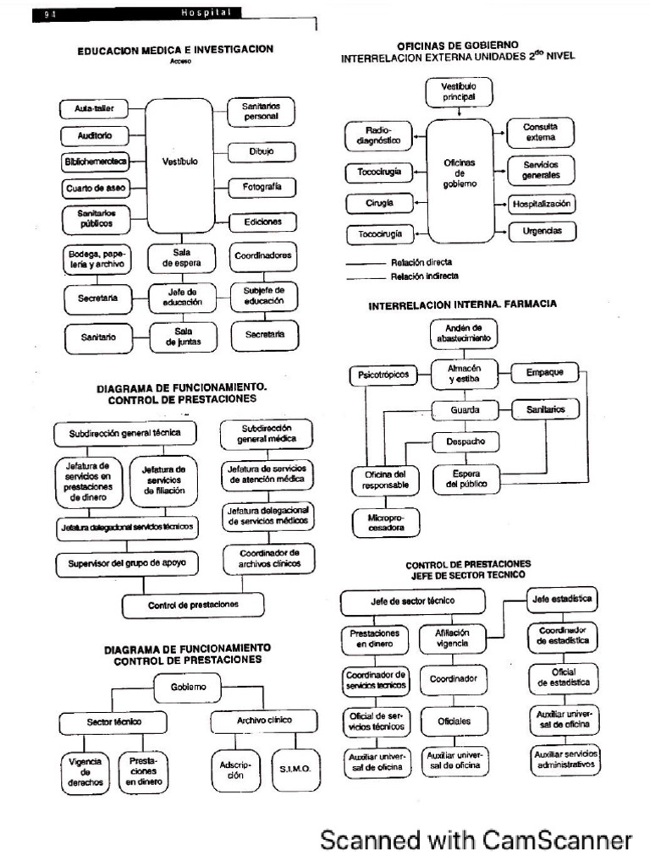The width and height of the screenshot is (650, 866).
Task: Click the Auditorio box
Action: [x=95, y=135]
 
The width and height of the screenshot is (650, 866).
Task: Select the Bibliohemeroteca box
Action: [x=95, y=162]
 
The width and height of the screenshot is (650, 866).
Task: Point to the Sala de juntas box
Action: [x=184, y=337]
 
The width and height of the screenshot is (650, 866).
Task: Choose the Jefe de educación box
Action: [x=184, y=298]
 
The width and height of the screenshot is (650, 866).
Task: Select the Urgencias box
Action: [x=541, y=231]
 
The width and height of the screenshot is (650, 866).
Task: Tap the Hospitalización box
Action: [x=542, y=204]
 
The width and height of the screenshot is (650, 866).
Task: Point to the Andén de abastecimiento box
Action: [x=463, y=332]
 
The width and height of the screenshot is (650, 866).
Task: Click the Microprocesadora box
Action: [x=380, y=521]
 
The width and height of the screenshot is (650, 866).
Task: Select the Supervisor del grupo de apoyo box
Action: [x=127, y=562]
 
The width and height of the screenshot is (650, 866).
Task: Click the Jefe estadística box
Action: [x=561, y=599]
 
